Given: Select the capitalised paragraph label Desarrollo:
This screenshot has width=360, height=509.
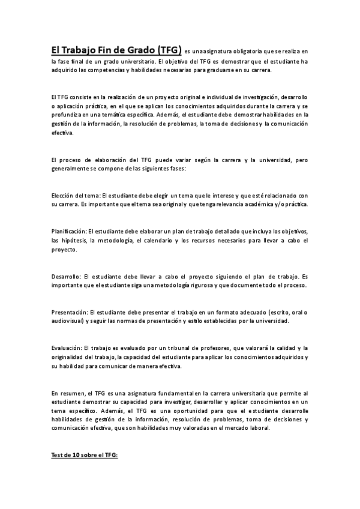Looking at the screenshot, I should click(x=67, y=276).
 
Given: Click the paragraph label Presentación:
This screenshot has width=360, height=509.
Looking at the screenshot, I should click(x=70, y=312).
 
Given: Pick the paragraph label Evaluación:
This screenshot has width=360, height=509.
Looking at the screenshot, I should click(x=67, y=348).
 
